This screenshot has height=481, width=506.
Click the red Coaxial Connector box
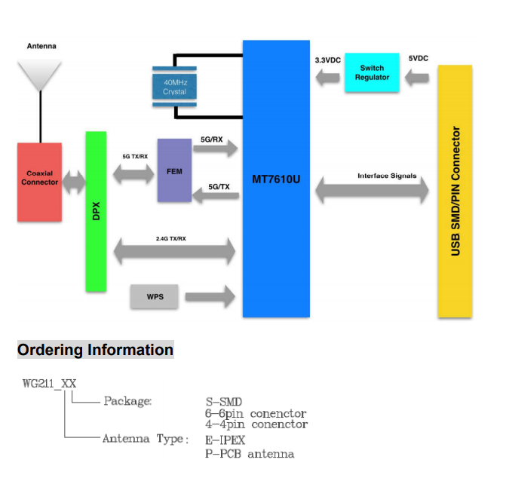40,182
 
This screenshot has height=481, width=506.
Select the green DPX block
95,211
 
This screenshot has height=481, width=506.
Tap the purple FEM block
174,170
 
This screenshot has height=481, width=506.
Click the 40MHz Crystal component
174,87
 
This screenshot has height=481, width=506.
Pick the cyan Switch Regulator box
372,72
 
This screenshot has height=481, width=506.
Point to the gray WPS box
156,296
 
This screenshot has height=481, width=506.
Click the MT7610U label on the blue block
276,179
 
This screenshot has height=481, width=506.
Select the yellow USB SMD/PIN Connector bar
455,191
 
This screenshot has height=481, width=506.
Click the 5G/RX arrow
217,149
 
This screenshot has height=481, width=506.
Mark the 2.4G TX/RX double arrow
174,251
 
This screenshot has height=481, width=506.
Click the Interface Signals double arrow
371,189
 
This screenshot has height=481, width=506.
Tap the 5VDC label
419,58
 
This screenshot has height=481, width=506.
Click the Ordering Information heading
95,350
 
